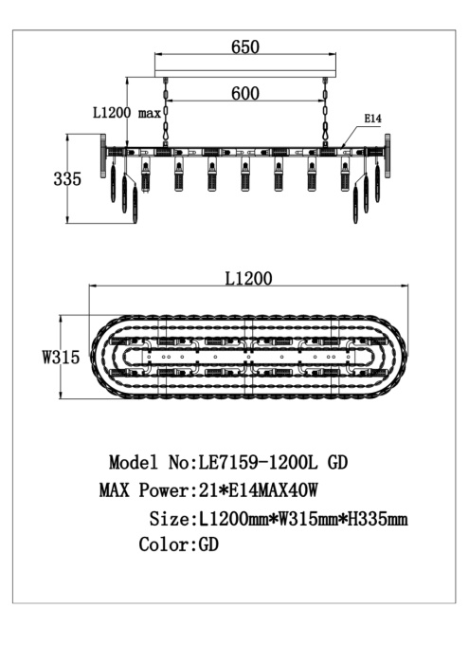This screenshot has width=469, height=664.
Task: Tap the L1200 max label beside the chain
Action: click(x=126, y=113)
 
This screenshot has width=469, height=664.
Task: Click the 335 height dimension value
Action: click(x=67, y=179)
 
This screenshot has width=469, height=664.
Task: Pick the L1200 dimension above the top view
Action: click(x=248, y=279)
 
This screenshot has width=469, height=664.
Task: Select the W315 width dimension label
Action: click(x=59, y=359)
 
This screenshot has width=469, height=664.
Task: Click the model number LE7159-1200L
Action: click(x=257, y=464)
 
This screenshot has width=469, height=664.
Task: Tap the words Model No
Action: click(x=148, y=464)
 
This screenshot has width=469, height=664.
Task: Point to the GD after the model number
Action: click(x=338, y=464)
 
